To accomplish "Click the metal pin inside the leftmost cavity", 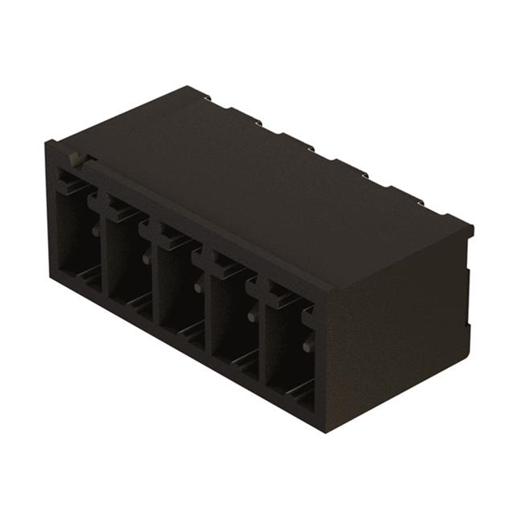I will tap(96, 232).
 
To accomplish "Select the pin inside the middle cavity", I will tap(199, 287).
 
